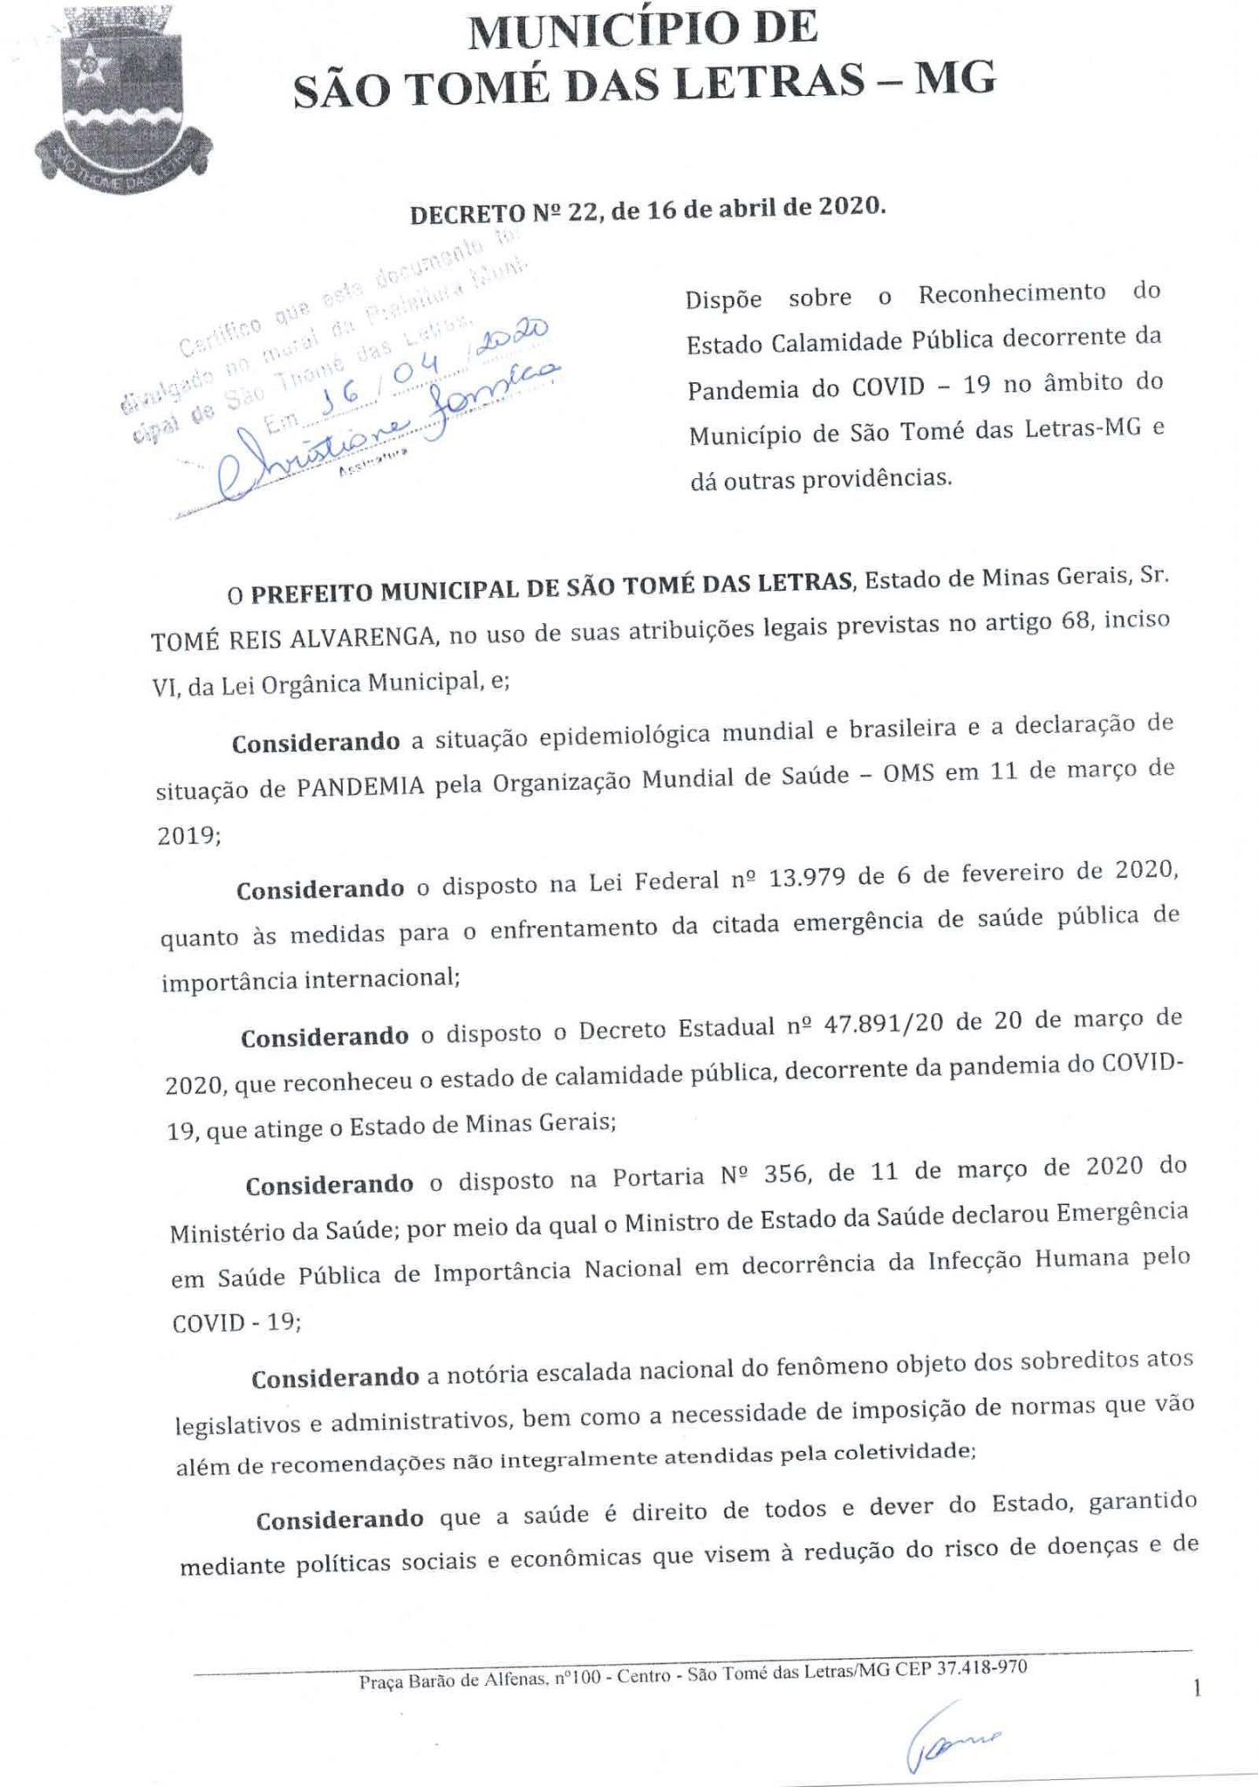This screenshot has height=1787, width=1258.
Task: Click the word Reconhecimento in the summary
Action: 1011,294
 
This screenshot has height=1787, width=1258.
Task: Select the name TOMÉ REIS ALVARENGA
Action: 293,637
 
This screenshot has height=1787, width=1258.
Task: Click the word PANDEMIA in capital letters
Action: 360,786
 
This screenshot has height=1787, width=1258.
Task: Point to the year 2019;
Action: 188,835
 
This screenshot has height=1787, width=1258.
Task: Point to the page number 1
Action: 1197,1689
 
